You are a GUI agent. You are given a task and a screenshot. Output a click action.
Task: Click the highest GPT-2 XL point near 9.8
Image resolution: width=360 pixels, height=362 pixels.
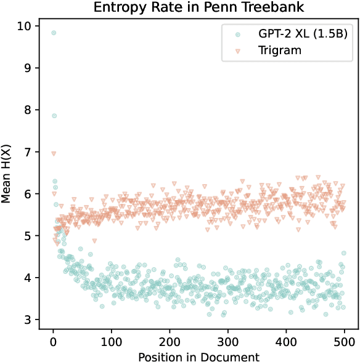tap(54, 33)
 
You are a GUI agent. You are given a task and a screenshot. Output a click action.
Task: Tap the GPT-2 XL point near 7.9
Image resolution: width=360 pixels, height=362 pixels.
tap(54, 116)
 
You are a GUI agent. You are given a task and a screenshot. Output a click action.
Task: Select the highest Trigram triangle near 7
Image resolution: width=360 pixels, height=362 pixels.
tap(54, 153)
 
